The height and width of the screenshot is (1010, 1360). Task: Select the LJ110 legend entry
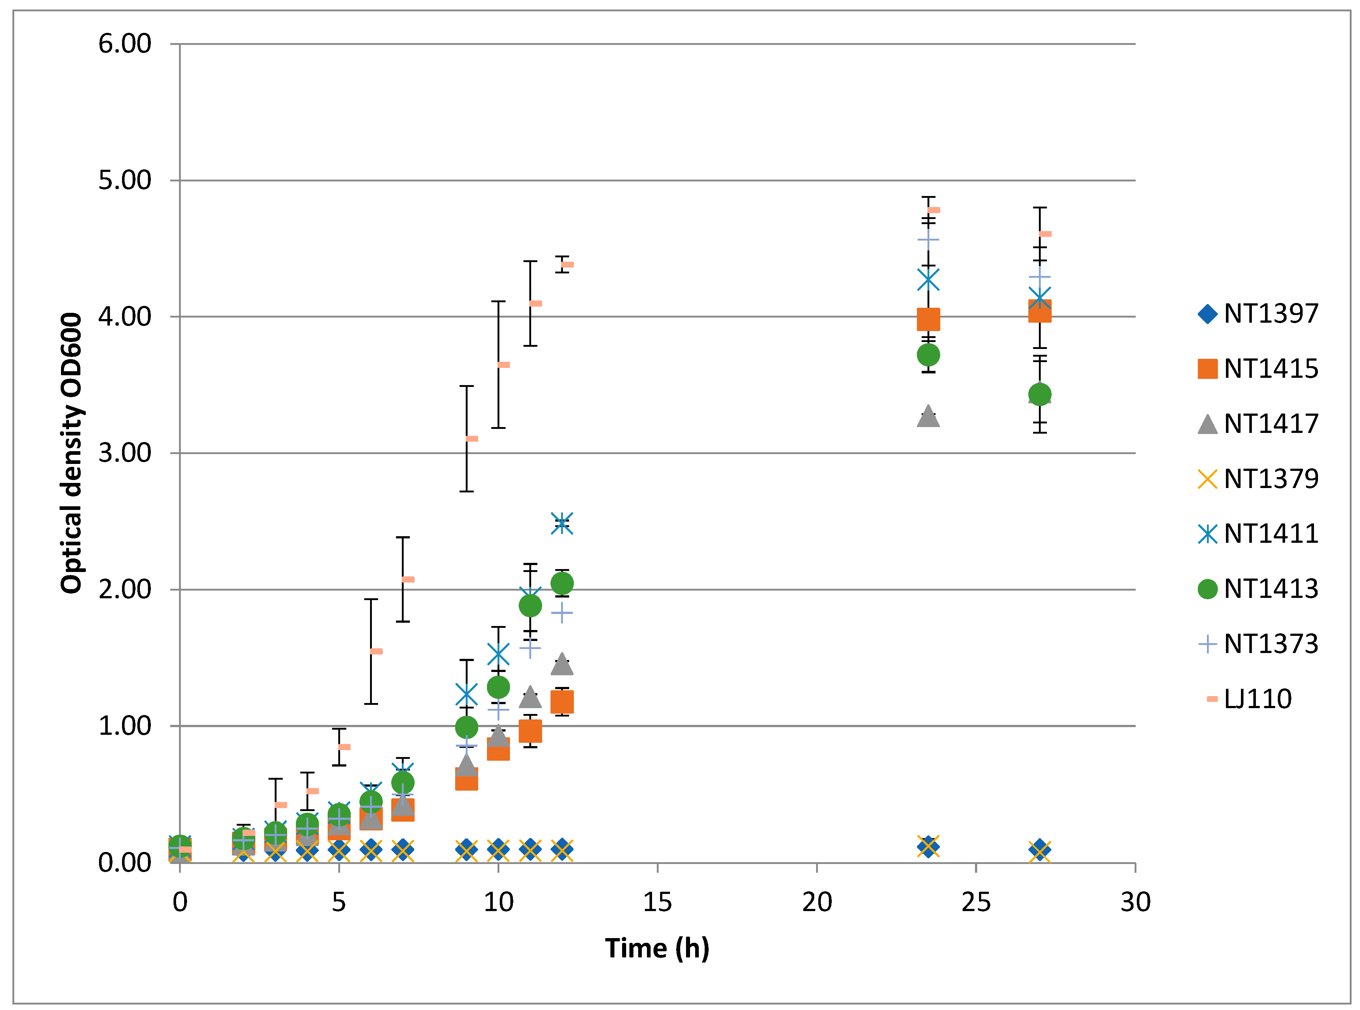pyautogui.click(x=1248, y=699)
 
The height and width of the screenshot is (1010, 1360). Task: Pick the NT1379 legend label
pyautogui.click(x=1271, y=479)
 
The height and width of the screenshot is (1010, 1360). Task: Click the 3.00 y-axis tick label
pyautogui.click(x=124, y=453)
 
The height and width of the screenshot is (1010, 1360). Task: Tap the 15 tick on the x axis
pyautogui.click(x=657, y=902)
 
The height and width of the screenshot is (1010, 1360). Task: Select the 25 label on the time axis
pyautogui.click(x=975, y=902)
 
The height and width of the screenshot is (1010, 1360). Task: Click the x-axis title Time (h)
pyautogui.click(x=657, y=948)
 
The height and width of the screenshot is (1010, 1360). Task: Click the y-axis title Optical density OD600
pyautogui.click(x=72, y=453)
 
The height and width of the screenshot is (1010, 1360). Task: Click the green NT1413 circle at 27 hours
pyautogui.click(x=1039, y=394)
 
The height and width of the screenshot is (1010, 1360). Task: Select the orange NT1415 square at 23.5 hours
pyautogui.click(x=928, y=319)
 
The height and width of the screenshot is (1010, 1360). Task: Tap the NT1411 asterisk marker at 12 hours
pyautogui.click(x=561, y=523)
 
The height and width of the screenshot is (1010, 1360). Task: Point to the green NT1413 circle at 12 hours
pyautogui.click(x=561, y=583)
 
